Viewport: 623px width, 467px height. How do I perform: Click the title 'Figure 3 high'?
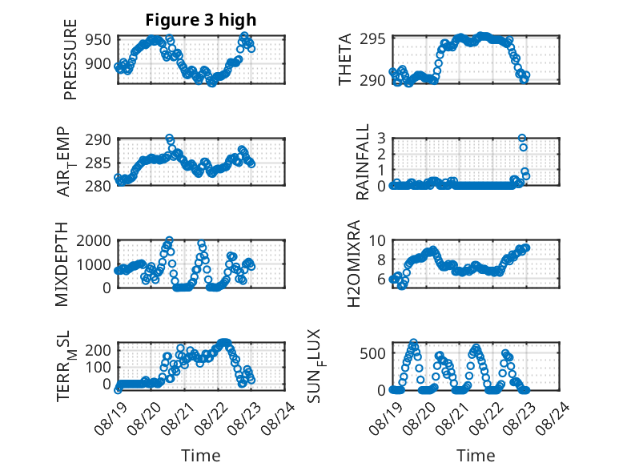coord(201,20)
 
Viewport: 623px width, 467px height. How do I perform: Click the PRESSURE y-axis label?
coord(70,59)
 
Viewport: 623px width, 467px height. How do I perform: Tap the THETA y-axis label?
coord(345,59)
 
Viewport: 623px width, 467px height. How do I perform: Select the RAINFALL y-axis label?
coord(363,162)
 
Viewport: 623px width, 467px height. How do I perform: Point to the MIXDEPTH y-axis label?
coord(62,264)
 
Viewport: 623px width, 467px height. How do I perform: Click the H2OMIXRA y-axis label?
coord(353,264)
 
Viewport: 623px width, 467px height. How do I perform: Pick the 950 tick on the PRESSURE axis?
coord(98,40)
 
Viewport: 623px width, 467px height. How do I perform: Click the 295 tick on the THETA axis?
coord(372,39)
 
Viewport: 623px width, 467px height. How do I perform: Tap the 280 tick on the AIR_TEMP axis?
coord(98,186)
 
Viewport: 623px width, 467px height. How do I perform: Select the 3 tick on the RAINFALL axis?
coord(381,138)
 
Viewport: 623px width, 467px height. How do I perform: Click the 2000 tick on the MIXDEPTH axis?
coord(94,240)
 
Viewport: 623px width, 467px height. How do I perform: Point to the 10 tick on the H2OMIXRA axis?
coord(377,240)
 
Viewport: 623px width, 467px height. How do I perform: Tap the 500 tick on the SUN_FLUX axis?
coord(372,353)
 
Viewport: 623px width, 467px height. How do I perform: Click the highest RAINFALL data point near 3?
coord(522,138)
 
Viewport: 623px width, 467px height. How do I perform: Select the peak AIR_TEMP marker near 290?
coord(169,138)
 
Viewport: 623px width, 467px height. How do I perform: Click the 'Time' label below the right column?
coord(476,455)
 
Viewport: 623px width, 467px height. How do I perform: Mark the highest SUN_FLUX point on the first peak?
coord(414,342)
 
